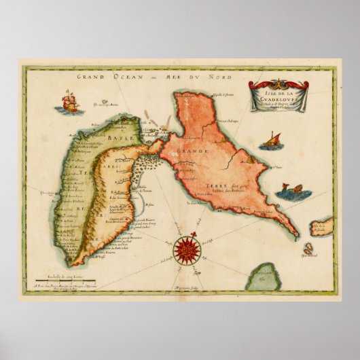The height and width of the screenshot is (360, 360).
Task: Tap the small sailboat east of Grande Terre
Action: coord(274,140)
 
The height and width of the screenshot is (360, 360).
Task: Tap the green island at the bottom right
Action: coord(263,277)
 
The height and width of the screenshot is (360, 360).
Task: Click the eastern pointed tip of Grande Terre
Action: coord(296,235)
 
